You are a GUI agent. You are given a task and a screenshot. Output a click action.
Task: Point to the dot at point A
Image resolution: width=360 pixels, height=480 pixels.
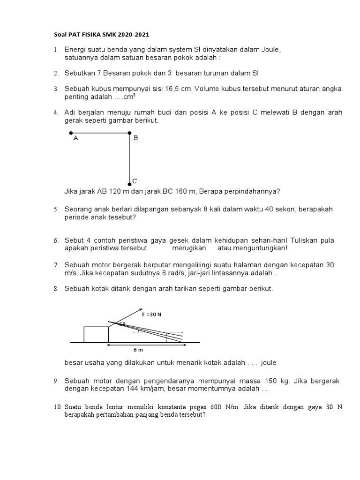71,133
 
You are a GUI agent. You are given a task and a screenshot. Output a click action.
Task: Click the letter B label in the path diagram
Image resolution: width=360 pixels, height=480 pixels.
136,138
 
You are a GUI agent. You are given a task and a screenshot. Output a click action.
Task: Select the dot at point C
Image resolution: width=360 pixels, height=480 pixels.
130,183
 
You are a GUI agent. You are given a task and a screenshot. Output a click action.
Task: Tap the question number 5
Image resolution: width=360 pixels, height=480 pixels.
56,210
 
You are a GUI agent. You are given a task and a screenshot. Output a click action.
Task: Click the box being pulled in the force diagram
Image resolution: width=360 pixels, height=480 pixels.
96,334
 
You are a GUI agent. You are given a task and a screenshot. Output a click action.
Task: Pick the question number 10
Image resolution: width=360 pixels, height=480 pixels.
57,407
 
